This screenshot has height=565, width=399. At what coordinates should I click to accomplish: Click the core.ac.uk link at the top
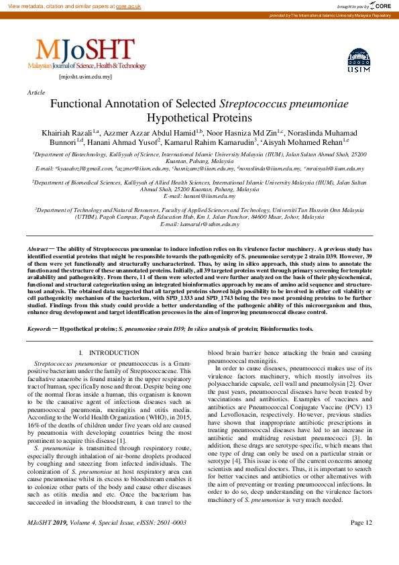(x=128, y=5)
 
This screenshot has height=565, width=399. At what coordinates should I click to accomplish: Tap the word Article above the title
(x=36, y=92)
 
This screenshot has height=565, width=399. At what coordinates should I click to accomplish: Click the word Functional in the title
(x=79, y=105)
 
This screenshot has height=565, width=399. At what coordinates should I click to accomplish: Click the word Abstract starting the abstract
(x=37, y=249)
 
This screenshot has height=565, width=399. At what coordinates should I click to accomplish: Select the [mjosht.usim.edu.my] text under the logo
(x=86, y=76)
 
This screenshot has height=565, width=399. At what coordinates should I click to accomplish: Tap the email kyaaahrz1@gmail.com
(x=85, y=169)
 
